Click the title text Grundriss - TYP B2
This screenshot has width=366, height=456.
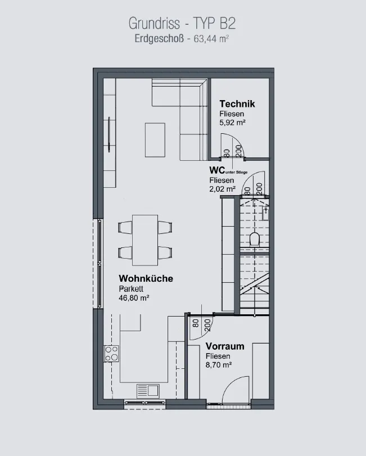pos(182,24)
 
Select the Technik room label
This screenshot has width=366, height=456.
pos(237,104)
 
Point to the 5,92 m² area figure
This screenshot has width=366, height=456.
pos(232,123)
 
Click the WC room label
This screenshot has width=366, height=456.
pos(217,170)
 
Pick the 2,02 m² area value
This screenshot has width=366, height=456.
pos(223,189)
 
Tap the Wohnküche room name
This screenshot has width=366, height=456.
pos(146,278)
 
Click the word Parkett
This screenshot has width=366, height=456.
pos(131,289)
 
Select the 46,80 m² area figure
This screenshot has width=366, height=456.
pos(134,298)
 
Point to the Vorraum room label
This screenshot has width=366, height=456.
pos(225,346)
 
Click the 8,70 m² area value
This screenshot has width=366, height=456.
pos(219,365)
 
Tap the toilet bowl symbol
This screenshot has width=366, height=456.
pos(254,239)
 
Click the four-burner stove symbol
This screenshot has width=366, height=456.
pos(112,354)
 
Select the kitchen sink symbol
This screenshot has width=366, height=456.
pos(148,391)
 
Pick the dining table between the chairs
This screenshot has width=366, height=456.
pos(145,240)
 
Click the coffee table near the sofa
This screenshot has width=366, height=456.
pos(155,140)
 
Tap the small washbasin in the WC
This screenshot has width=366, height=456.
pos(266,214)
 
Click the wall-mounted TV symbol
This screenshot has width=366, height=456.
pos(109,134)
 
